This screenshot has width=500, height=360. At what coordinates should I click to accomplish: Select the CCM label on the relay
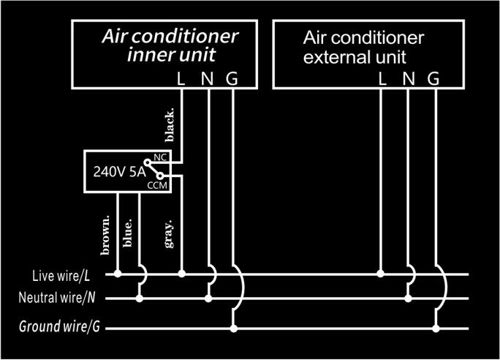pyautogui.click(x=158, y=187)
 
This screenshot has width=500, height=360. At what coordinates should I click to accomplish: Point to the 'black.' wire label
pyautogui.click(x=170, y=125)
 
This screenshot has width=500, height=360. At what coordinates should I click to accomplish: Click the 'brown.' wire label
pyautogui.click(x=105, y=235)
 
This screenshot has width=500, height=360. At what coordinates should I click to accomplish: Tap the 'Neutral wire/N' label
pyautogui.click(x=59, y=299)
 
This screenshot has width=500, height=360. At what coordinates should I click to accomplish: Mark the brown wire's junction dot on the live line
pyautogui.click(x=118, y=274)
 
